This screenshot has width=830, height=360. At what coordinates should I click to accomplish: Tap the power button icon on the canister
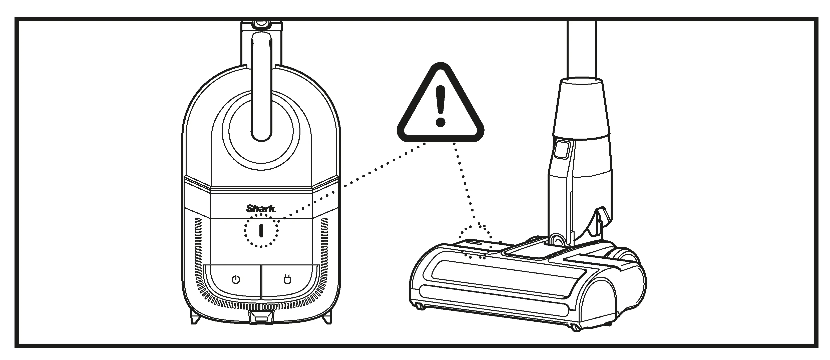236,279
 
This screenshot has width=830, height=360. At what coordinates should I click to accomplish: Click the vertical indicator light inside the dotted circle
261,231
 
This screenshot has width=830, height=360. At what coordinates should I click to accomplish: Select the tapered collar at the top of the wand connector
582,106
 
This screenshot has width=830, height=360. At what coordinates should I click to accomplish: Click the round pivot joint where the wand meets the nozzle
557,240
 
